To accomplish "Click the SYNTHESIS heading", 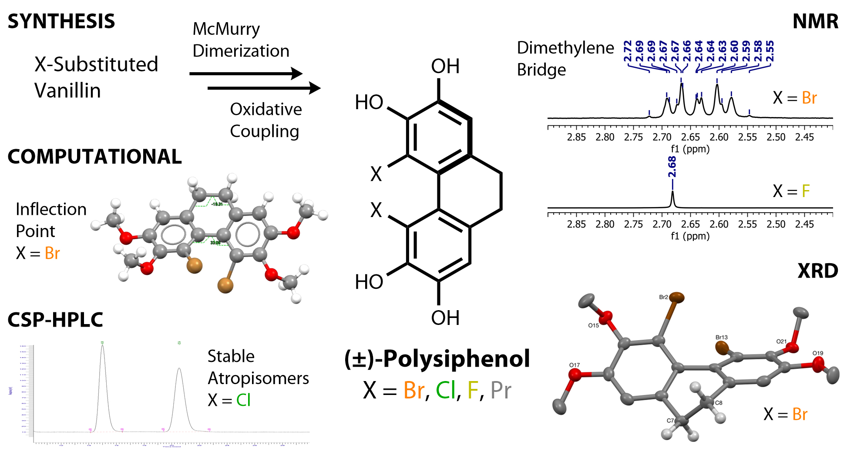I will (x=61, y=21).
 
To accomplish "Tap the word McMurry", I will (x=226, y=29).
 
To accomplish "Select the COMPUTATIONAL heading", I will (x=94, y=157).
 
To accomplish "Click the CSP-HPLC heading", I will (x=55, y=320).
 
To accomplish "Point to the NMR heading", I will (x=815, y=21).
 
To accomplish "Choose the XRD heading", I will (x=817, y=271).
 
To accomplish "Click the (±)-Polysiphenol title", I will (x=437, y=359).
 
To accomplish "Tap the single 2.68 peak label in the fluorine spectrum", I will (x=672, y=167).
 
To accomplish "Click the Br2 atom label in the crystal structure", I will (x=663, y=297).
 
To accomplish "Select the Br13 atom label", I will (x=721, y=337).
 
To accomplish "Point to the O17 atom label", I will (x=574, y=365).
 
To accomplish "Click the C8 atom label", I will (x=719, y=403).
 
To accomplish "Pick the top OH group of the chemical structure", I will (x=445, y=67).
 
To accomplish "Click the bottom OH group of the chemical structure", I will (x=445, y=318).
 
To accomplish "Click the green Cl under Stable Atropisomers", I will (x=243, y=400).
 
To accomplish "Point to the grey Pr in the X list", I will (x=501, y=390).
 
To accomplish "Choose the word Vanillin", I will (x=67, y=91).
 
